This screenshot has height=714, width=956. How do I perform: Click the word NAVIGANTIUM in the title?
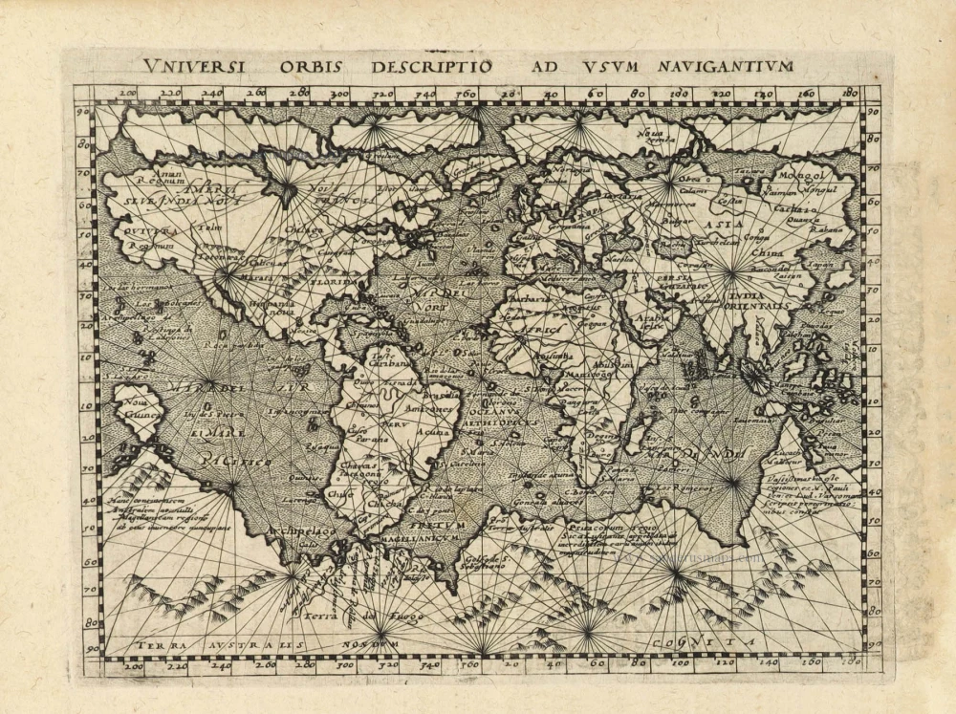click(728, 66)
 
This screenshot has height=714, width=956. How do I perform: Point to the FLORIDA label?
click(334, 283)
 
